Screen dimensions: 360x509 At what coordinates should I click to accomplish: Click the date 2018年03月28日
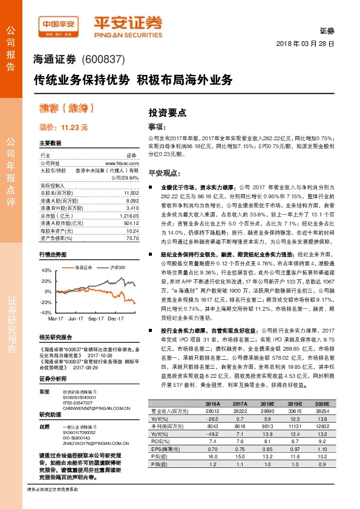pyautogui.click(x=305, y=44)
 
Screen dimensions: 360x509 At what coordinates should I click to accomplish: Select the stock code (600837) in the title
pyautogui.click(x=102, y=60)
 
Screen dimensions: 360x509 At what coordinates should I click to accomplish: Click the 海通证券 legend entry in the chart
pyautogui.click(x=82, y=250)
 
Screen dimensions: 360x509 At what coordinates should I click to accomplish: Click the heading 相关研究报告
pyautogui.click(x=55, y=337)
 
